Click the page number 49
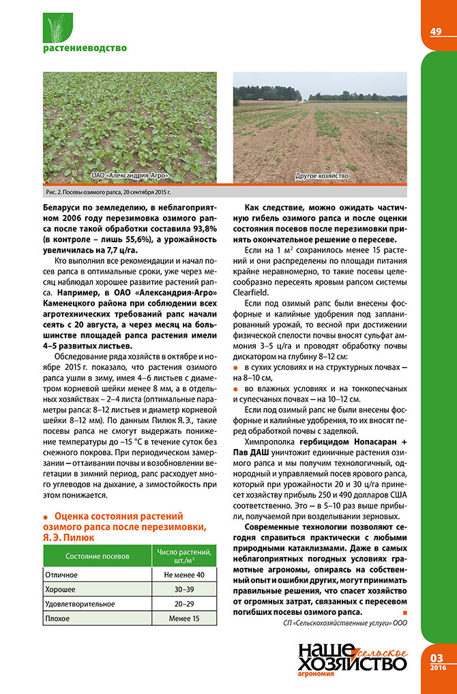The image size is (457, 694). pyautogui.click(x=436, y=31)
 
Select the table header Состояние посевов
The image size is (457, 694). pyautogui.click(x=97, y=556)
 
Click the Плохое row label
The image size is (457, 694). pyautogui.click(x=58, y=619)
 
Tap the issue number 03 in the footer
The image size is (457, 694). pyautogui.click(x=437, y=658)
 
